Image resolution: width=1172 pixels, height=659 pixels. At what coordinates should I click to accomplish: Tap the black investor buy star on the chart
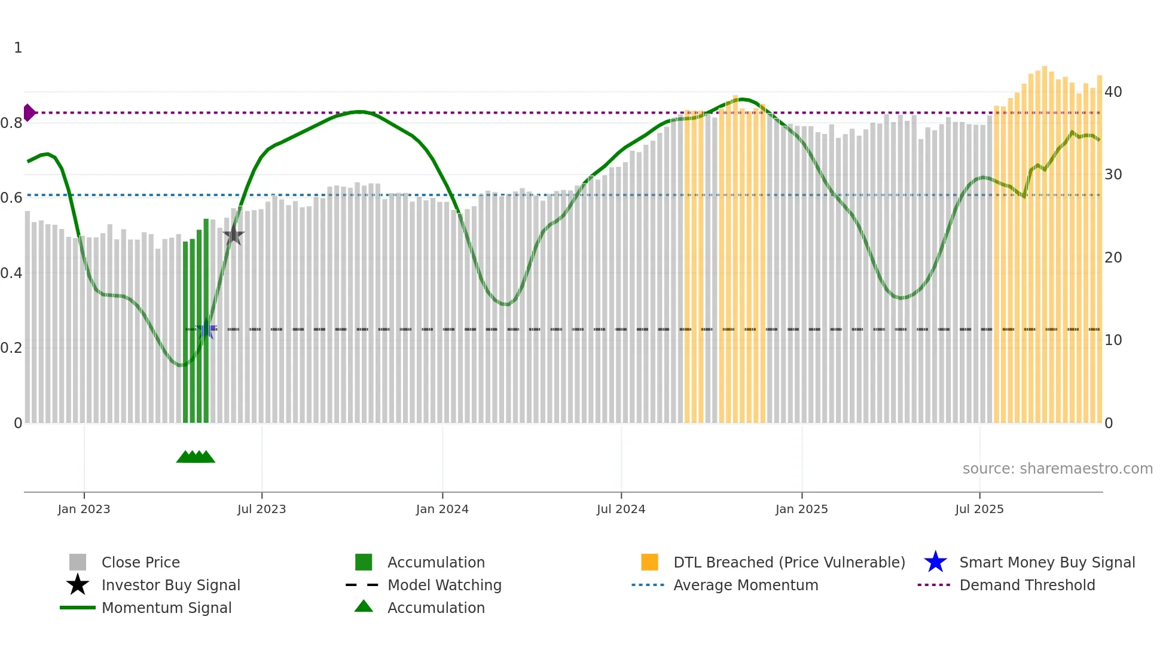[233, 236]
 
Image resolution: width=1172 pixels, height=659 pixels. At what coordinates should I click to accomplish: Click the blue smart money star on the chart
[206, 329]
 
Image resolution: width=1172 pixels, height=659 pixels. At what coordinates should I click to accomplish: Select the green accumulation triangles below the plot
[196, 457]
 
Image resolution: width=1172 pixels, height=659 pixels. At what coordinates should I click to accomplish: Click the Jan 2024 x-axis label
[442, 509]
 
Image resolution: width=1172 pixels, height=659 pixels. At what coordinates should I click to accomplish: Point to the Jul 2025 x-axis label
[979, 509]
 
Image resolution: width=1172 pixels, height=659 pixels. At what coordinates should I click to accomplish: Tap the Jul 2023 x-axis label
[261, 509]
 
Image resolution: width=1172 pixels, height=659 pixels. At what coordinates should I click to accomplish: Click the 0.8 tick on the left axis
[11, 123]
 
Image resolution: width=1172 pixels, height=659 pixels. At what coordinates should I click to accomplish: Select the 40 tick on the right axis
[1113, 92]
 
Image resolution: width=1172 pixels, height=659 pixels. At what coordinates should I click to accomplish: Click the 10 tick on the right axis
[1113, 340]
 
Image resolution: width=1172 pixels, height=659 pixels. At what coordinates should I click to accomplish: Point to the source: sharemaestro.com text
[1057, 469]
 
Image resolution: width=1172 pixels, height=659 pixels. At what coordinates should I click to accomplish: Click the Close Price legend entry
[141, 562]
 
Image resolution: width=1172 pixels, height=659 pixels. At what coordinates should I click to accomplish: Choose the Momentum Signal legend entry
[166, 608]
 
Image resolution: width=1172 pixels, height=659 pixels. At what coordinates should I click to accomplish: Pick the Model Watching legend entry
[444, 585]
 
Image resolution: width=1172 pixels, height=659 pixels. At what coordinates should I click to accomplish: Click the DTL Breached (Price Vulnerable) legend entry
[789, 562]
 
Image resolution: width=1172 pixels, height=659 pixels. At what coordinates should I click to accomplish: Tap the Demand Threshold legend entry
[1027, 585]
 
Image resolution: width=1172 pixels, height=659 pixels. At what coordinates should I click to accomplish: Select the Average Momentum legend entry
[745, 585]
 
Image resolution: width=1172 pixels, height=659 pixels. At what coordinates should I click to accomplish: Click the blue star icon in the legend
[935, 562]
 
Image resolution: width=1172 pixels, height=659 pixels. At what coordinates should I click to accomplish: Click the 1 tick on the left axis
[18, 48]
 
